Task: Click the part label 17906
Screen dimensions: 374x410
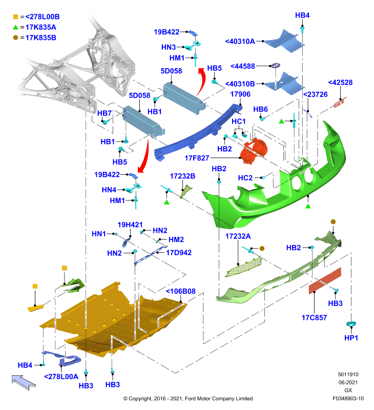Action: click(240, 94)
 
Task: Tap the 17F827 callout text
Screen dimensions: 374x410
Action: click(197, 158)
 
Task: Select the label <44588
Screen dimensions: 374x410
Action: click(242, 66)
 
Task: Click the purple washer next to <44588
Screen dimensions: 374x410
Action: click(275, 66)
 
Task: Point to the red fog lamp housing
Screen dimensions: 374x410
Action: click(254, 151)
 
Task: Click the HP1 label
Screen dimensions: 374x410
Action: click(351, 338)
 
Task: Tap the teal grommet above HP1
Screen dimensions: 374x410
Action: click(351, 324)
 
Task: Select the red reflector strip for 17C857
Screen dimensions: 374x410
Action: click(325, 280)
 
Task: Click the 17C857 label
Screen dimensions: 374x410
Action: click(314, 318)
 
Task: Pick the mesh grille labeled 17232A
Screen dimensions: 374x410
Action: click(243, 267)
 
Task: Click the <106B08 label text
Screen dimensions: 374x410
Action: click(181, 291)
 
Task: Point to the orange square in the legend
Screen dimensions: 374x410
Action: click(16, 17)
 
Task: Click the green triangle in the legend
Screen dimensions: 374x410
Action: click(16, 27)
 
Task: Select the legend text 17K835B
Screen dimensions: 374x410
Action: click(41, 37)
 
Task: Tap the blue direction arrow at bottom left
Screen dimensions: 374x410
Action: click(24, 382)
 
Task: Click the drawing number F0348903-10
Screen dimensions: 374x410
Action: click(348, 399)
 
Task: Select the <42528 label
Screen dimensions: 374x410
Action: click(340, 83)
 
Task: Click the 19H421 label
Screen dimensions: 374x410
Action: click(130, 225)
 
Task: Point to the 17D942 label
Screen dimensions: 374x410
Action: click(179, 253)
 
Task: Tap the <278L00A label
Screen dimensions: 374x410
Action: click(61, 377)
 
